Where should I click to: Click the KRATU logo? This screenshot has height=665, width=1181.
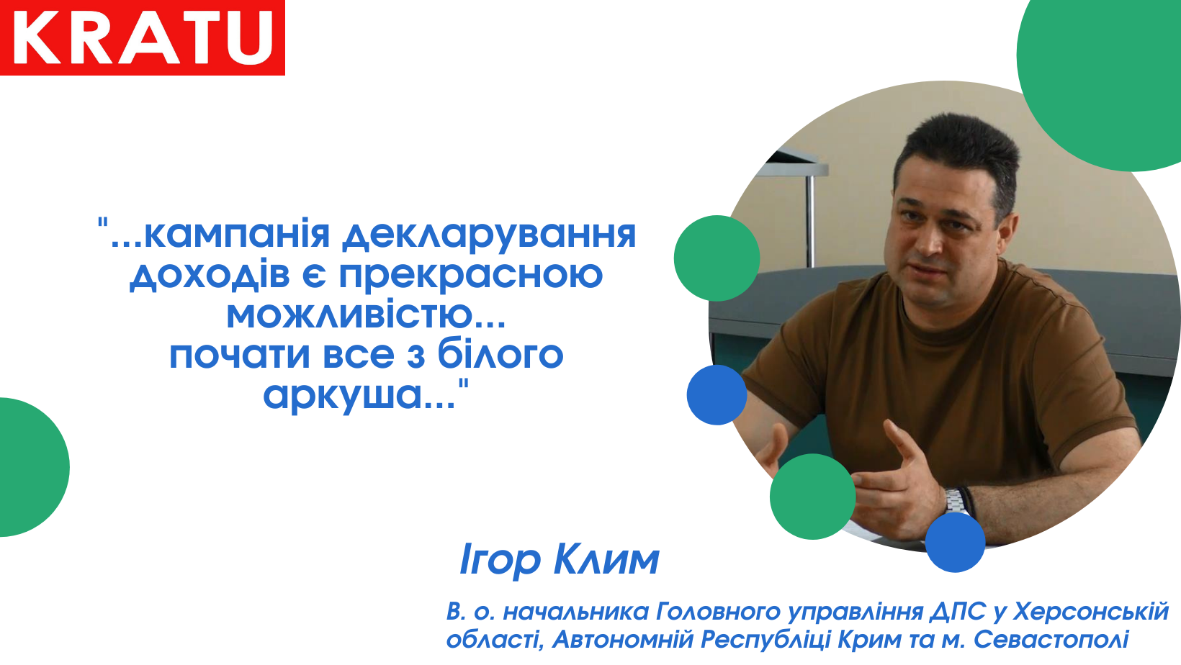click(143, 37)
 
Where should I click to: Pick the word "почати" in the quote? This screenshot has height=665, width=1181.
click(239, 356)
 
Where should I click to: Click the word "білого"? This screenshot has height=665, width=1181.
click(500, 354)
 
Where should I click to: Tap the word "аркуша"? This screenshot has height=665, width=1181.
click(343, 396)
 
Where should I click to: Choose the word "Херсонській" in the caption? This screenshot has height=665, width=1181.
click(1091, 612)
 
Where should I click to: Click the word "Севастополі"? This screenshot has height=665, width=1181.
click(1051, 640)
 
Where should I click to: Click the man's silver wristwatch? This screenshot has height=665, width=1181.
click(956, 501)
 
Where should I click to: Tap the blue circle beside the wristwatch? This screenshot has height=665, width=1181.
click(956, 542)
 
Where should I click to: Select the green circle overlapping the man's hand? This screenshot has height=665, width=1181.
click(812, 497)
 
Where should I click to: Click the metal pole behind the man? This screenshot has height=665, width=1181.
click(810, 221)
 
